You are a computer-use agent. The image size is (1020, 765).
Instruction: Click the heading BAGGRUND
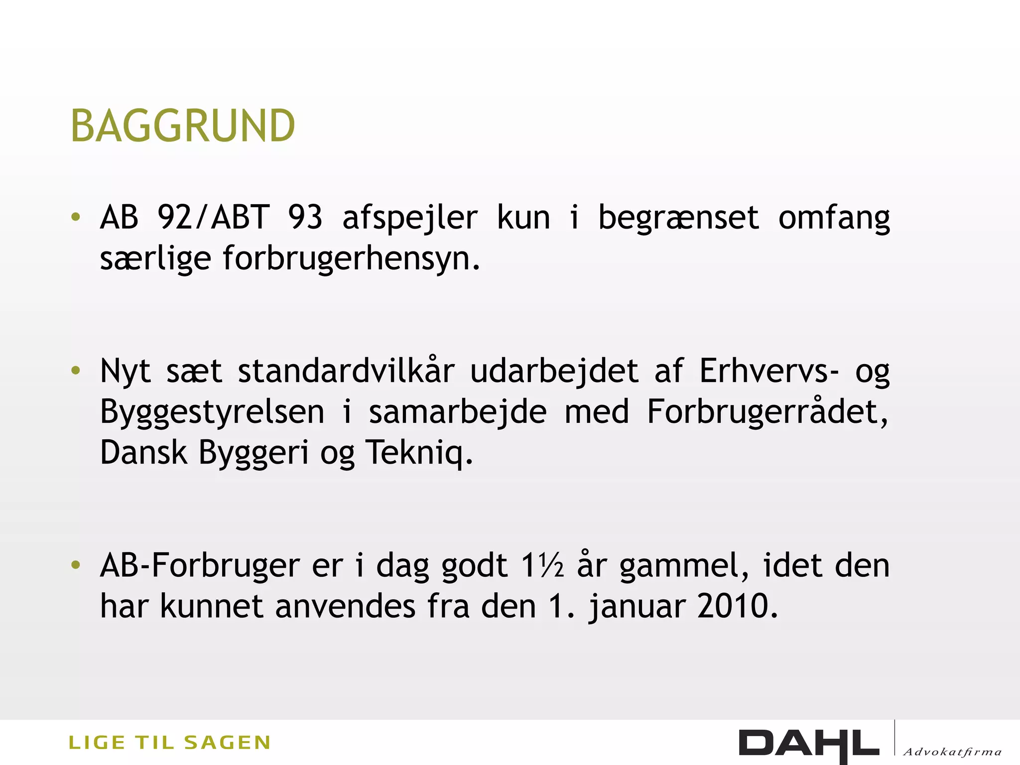183,126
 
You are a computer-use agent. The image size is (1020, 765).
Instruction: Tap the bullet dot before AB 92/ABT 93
76,217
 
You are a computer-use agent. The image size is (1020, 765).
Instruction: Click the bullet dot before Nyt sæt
76,371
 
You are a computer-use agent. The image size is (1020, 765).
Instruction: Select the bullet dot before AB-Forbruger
76,565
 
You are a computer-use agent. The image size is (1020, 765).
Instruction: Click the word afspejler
409,218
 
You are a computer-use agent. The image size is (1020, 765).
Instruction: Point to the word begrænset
678,218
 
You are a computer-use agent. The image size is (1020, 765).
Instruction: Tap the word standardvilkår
346,371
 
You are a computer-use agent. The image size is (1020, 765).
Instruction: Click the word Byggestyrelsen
212,412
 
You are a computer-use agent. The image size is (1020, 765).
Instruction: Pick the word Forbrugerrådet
766,412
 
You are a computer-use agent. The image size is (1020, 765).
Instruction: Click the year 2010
736,607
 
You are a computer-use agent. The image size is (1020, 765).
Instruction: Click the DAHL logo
808,744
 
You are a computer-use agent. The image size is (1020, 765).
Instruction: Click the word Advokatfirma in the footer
952,752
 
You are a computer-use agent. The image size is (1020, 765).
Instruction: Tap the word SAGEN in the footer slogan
227,743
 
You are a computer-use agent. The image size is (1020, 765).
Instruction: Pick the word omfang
834,218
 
